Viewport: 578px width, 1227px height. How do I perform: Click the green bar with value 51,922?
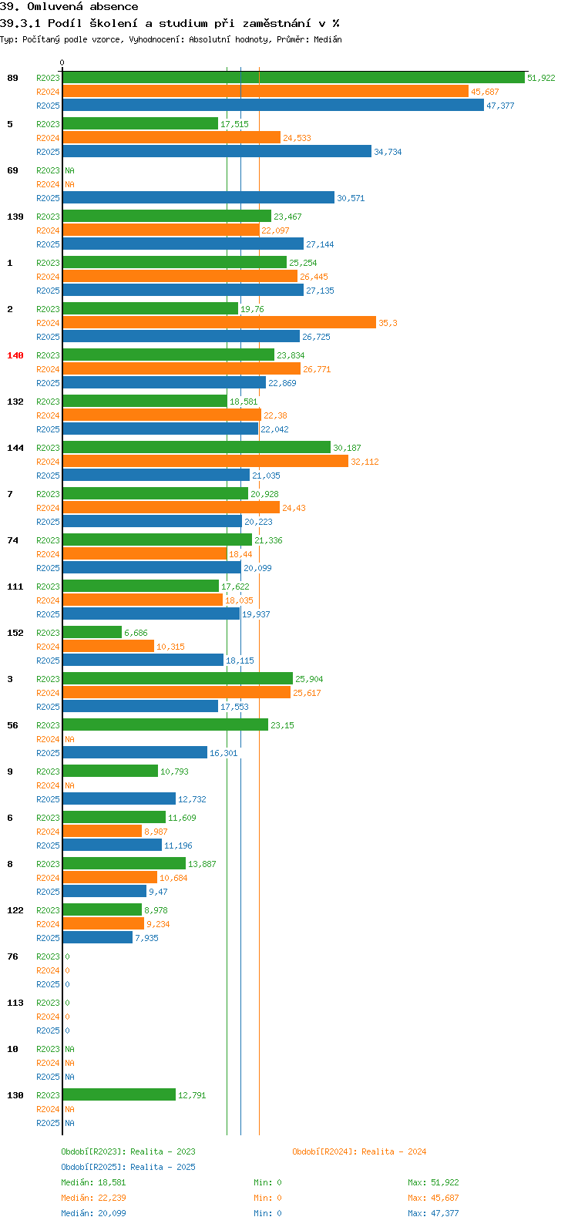pyautogui.click(x=294, y=78)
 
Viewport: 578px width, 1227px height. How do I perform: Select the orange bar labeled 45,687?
pyautogui.click(x=266, y=92)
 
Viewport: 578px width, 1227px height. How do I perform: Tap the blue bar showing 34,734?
pyautogui.click(x=217, y=151)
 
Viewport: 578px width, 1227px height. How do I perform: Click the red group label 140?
pyautogui.click(x=15, y=355)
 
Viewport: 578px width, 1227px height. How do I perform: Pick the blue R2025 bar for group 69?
pyautogui.click(x=198, y=198)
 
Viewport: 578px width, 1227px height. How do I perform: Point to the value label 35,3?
pyautogui.click(x=388, y=323)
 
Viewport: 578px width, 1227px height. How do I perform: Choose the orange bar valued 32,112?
pyautogui.click(x=206, y=462)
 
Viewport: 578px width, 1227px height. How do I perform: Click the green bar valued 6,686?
pyautogui.click(x=92, y=633)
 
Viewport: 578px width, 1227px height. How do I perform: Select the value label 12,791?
pyautogui.click(x=192, y=1095)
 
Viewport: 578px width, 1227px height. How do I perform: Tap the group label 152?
pyautogui.click(x=15, y=633)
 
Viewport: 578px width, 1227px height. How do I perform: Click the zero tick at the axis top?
pyautogui.click(x=62, y=62)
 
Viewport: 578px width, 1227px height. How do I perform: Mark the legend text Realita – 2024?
pyautogui.click(x=394, y=1152)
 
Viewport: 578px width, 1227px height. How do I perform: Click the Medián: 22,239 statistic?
pyautogui.click(x=94, y=1198)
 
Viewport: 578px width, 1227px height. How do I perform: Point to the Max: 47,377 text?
pyautogui.click(x=433, y=1213)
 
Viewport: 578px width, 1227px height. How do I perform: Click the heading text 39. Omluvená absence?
pyautogui.click(x=69, y=7)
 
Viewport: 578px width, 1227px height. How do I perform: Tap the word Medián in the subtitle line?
pyautogui.click(x=328, y=39)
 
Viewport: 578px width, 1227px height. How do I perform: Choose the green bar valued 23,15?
pyautogui.click(x=166, y=724)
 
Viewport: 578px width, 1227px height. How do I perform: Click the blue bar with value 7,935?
pyautogui.click(x=98, y=938)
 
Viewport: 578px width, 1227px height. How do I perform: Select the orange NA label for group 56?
pyautogui.click(x=69, y=739)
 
